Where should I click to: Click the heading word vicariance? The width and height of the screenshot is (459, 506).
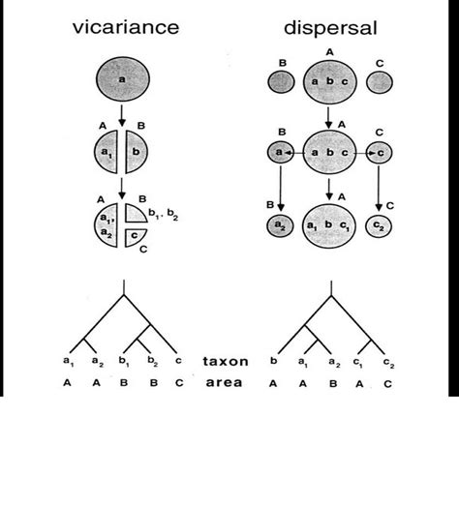(x=126, y=27)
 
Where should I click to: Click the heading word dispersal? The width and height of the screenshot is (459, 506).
(x=330, y=28)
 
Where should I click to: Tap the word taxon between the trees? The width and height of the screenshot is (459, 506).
(x=226, y=361)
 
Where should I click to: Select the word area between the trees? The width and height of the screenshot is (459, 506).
(x=224, y=382)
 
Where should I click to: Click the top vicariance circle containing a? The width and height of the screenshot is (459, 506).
(x=123, y=79)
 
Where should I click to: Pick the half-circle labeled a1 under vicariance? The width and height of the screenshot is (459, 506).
(x=106, y=152)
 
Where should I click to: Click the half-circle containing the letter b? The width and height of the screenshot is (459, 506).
(x=137, y=152)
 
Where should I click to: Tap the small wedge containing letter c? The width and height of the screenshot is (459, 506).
(x=135, y=237)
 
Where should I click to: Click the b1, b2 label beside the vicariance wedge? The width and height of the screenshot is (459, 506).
(x=163, y=215)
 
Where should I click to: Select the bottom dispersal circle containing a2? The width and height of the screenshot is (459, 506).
(x=280, y=225)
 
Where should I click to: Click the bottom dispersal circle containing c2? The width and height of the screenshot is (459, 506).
(x=379, y=226)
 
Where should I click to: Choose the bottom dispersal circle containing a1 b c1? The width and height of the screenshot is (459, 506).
(x=329, y=225)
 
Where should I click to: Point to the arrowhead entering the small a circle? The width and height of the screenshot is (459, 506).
(x=289, y=153)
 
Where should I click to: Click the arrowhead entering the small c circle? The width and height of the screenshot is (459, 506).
(x=372, y=153)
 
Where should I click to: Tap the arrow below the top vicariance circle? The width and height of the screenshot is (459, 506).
(x=122, y=115)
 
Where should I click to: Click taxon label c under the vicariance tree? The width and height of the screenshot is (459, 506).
(x=178, y=360)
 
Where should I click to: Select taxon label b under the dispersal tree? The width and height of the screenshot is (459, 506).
(x=274, y=360)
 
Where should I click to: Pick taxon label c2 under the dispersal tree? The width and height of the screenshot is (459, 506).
(x=389, y=363)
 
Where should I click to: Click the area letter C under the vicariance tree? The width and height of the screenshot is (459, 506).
(x=179, y=383)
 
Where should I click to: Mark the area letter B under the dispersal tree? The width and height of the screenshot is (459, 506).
(x=333, y=384)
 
